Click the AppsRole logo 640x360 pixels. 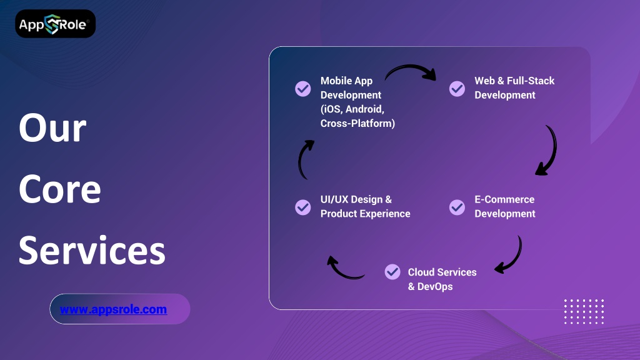click(x=55, y=24)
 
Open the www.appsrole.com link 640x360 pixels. click(x=113, y=309)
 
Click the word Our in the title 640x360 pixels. click(x=52, y=128)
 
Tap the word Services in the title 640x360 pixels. click(x=92, y=250)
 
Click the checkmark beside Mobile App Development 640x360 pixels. click(x=303, y=88)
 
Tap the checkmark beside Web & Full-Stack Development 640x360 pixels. click(x=457, y=88)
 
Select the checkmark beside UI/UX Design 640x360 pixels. click(x=303, y=207)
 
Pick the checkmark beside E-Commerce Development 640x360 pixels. click(x=457, y=207)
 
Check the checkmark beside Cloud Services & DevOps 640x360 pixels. click(x=392, y=271)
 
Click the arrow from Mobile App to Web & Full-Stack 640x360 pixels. click(x=410, y=71)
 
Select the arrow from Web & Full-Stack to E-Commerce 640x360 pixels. click(x=547, y=151)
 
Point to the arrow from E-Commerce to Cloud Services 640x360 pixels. click(x=510, y=256)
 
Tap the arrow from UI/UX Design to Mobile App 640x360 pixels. click(x=304, y=159)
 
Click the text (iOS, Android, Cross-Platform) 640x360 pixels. click(x=357, y=116)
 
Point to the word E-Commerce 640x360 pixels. click(x=504, y=199)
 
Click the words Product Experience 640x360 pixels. click(x=366, y=214)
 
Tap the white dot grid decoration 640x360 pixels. click(x=584, y=311)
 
